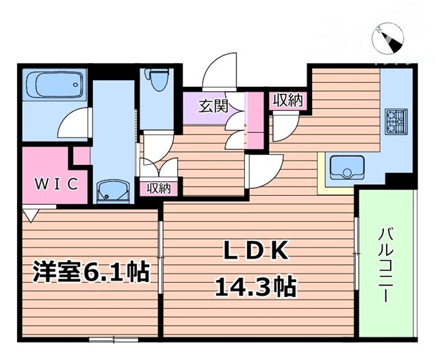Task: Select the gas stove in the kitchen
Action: [x=396, y=121]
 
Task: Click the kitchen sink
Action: [x=346, y=166]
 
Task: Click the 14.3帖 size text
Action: [x=256, y=287]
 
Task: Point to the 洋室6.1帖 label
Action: [x=91, y=272]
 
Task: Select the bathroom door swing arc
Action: [x=73, y=125]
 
